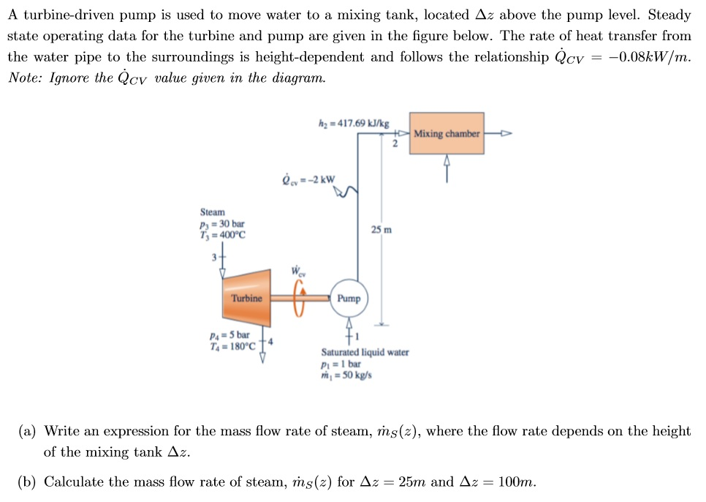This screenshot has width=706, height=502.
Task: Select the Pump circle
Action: pos(349,299)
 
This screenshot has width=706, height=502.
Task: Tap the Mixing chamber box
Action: pos(447,133)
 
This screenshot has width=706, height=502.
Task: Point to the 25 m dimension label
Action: pos(381,230)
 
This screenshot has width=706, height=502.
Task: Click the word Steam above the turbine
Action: pos(213,211)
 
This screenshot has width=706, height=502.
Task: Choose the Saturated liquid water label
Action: pos(365,352)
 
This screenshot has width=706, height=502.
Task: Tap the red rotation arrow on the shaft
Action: pos(297,299)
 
